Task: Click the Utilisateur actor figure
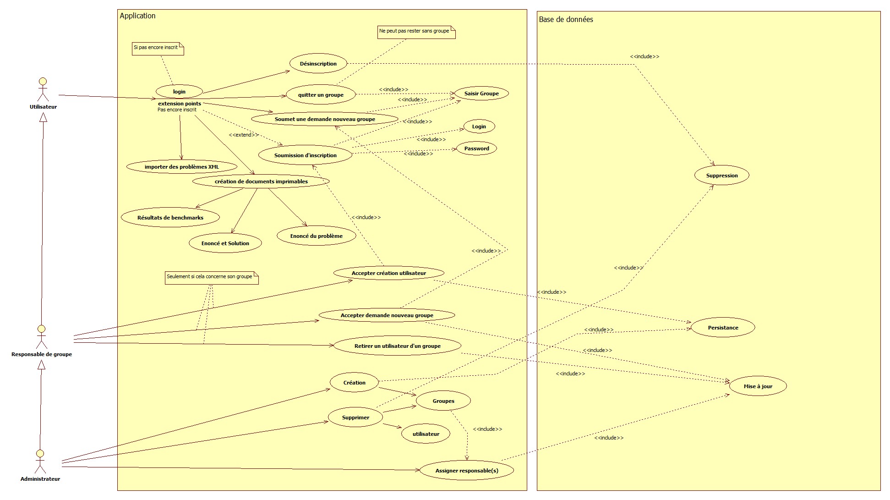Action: click(42, 89)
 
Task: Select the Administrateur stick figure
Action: click(40, 461)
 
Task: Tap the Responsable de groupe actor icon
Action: click(41, 337)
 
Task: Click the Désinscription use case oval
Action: click(318, 64)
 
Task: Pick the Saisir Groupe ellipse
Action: click(481, 93)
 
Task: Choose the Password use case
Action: click(476, 148)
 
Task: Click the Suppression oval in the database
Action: click(721, 176)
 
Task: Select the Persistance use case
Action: click(722, 328)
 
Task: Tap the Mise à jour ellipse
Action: click(758, 386)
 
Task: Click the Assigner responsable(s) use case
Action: click(466, 471)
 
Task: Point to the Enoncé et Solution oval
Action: click(225, 243)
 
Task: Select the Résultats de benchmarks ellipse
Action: click(170, 218)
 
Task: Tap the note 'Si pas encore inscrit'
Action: click(158, 48)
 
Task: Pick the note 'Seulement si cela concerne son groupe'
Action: click(212, 278)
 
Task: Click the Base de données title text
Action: click(566, 20)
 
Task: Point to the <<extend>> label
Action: click(243, 135)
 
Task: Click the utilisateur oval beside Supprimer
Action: click(426, 434)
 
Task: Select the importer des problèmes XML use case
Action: click(182, 167)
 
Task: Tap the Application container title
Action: click(137, 16)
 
